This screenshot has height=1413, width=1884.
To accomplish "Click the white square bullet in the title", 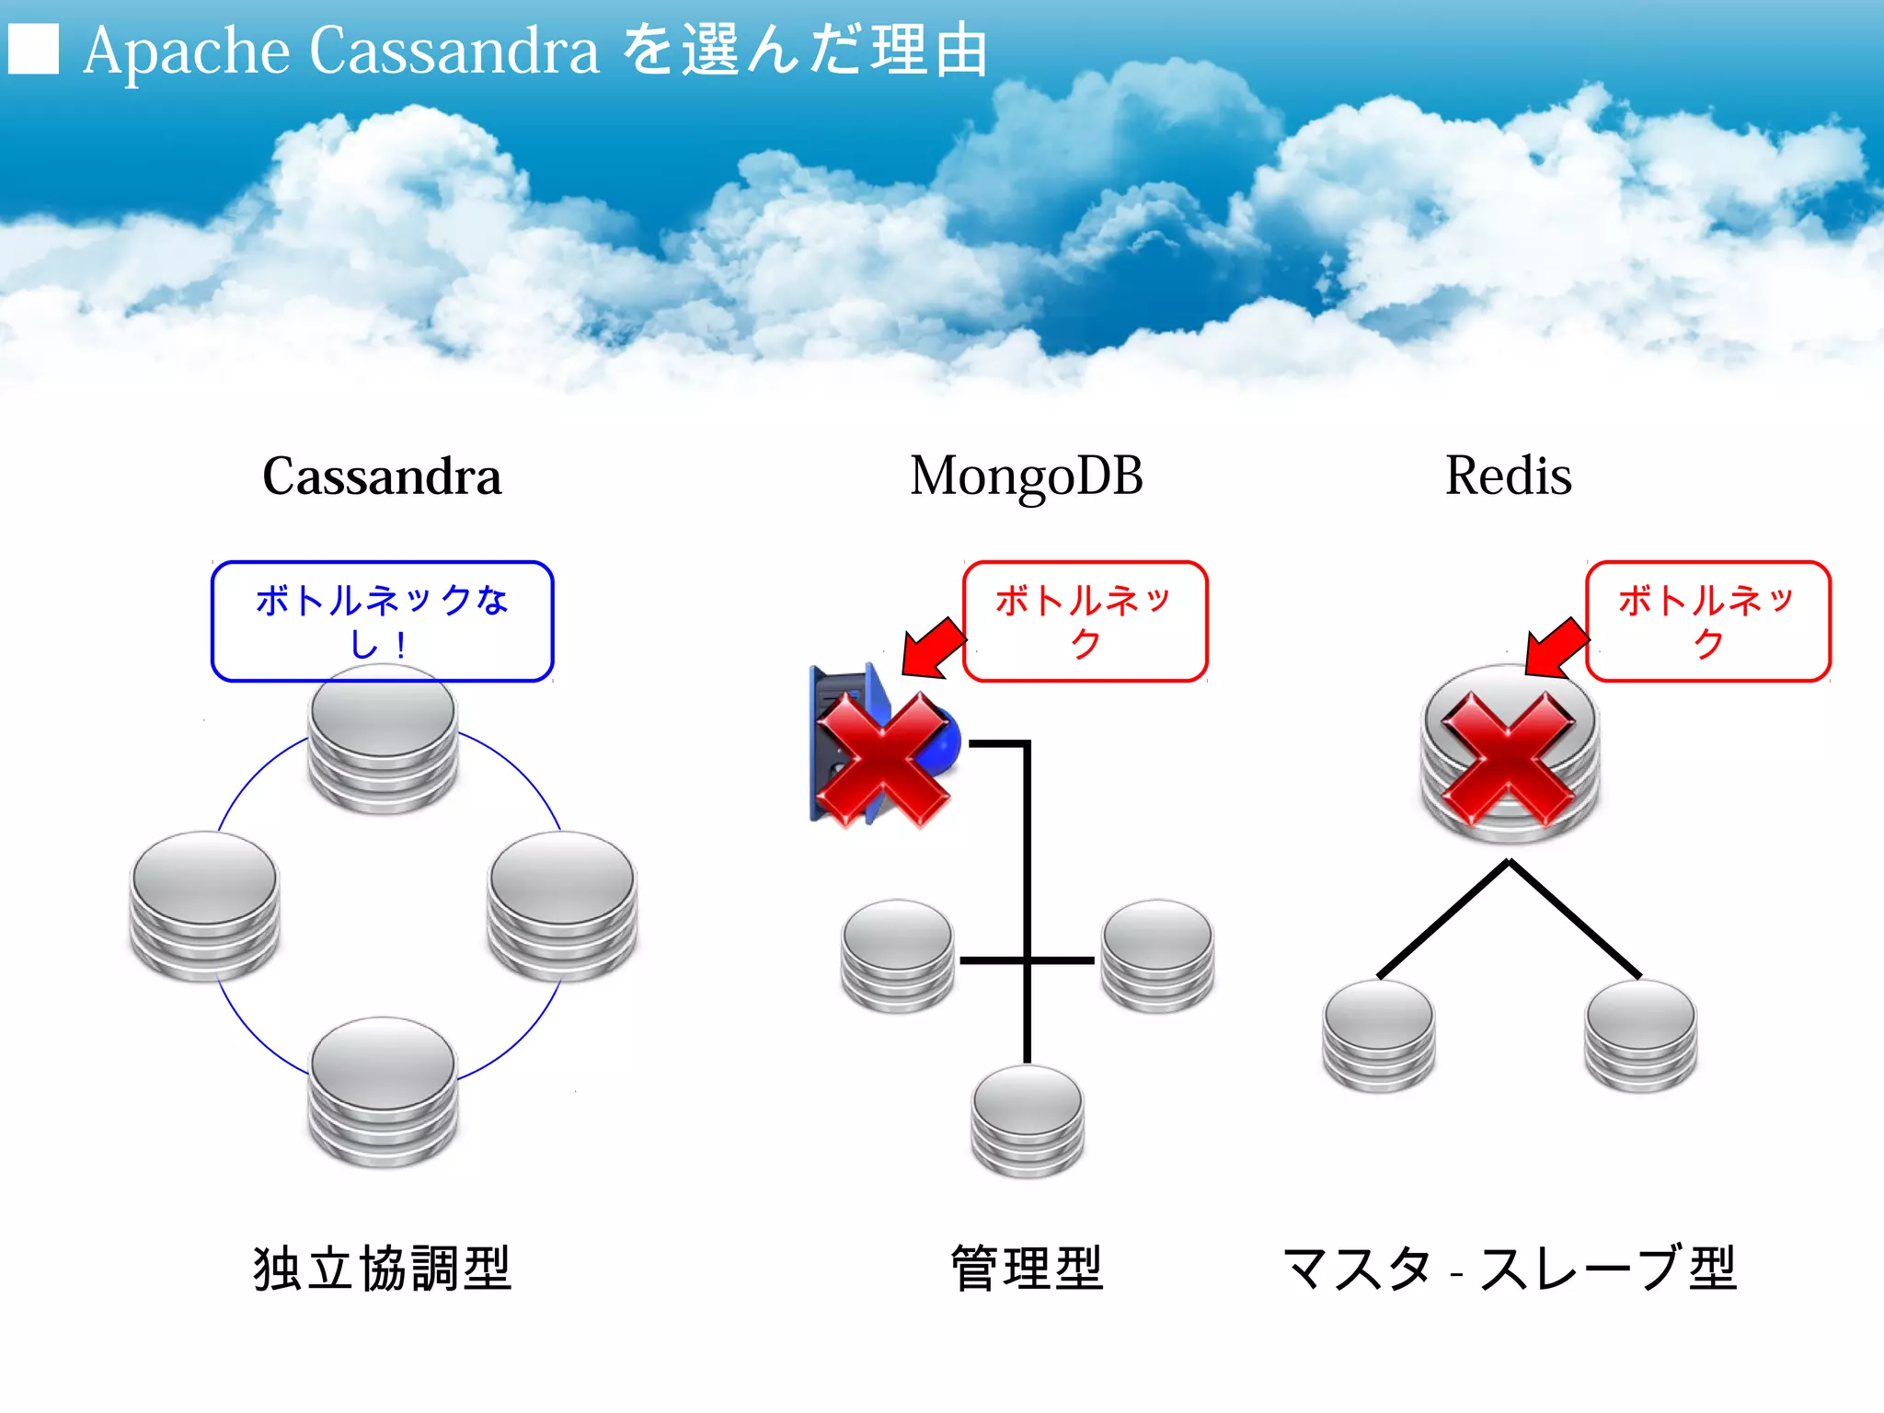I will pyautogui.click(x=33, y=49).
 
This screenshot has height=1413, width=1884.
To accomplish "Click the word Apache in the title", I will pyautogui.click(x=187, y=51).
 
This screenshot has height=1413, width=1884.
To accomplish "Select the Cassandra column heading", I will pyautogui.click(x=382, y=477).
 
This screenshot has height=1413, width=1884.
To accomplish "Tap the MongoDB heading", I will pyautogui.click(x=1026, y=477).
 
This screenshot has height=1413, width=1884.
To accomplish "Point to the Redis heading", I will pyautogui.click(x=1508, y=477).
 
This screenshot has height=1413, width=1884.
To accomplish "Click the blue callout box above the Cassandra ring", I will pyautogui.click(x=382, y=621).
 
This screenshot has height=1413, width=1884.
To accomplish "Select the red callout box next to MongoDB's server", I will pyautogui.click(x=1085, y=621).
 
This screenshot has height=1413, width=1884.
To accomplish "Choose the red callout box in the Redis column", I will pyautogui.click(x=1707, y=621).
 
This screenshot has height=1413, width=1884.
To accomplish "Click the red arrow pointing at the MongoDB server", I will pyautogui.click(x=931, y=646).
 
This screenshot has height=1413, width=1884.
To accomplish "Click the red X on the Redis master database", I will pyautogui.click(x=1509, y=759).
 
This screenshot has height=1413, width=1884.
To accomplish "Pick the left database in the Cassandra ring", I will pyautogui.click(x=204, y=905).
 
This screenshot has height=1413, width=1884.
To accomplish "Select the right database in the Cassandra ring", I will pyautogui.click(x=562, y=905).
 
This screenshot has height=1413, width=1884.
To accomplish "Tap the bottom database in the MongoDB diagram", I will pyautogui.click(x=1028, y=1120).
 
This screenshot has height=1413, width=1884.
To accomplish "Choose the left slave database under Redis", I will pyautogui.click(x=1378, y=1035).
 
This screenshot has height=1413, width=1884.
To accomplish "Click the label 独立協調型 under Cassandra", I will pyautogui.click(x=382, y=1269).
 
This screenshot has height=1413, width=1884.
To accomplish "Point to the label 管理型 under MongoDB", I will pyautogui.click(x=1026, y=1269).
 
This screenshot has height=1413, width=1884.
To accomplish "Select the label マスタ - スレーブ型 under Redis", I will pyautogui.click(x=1508, y=1269).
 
